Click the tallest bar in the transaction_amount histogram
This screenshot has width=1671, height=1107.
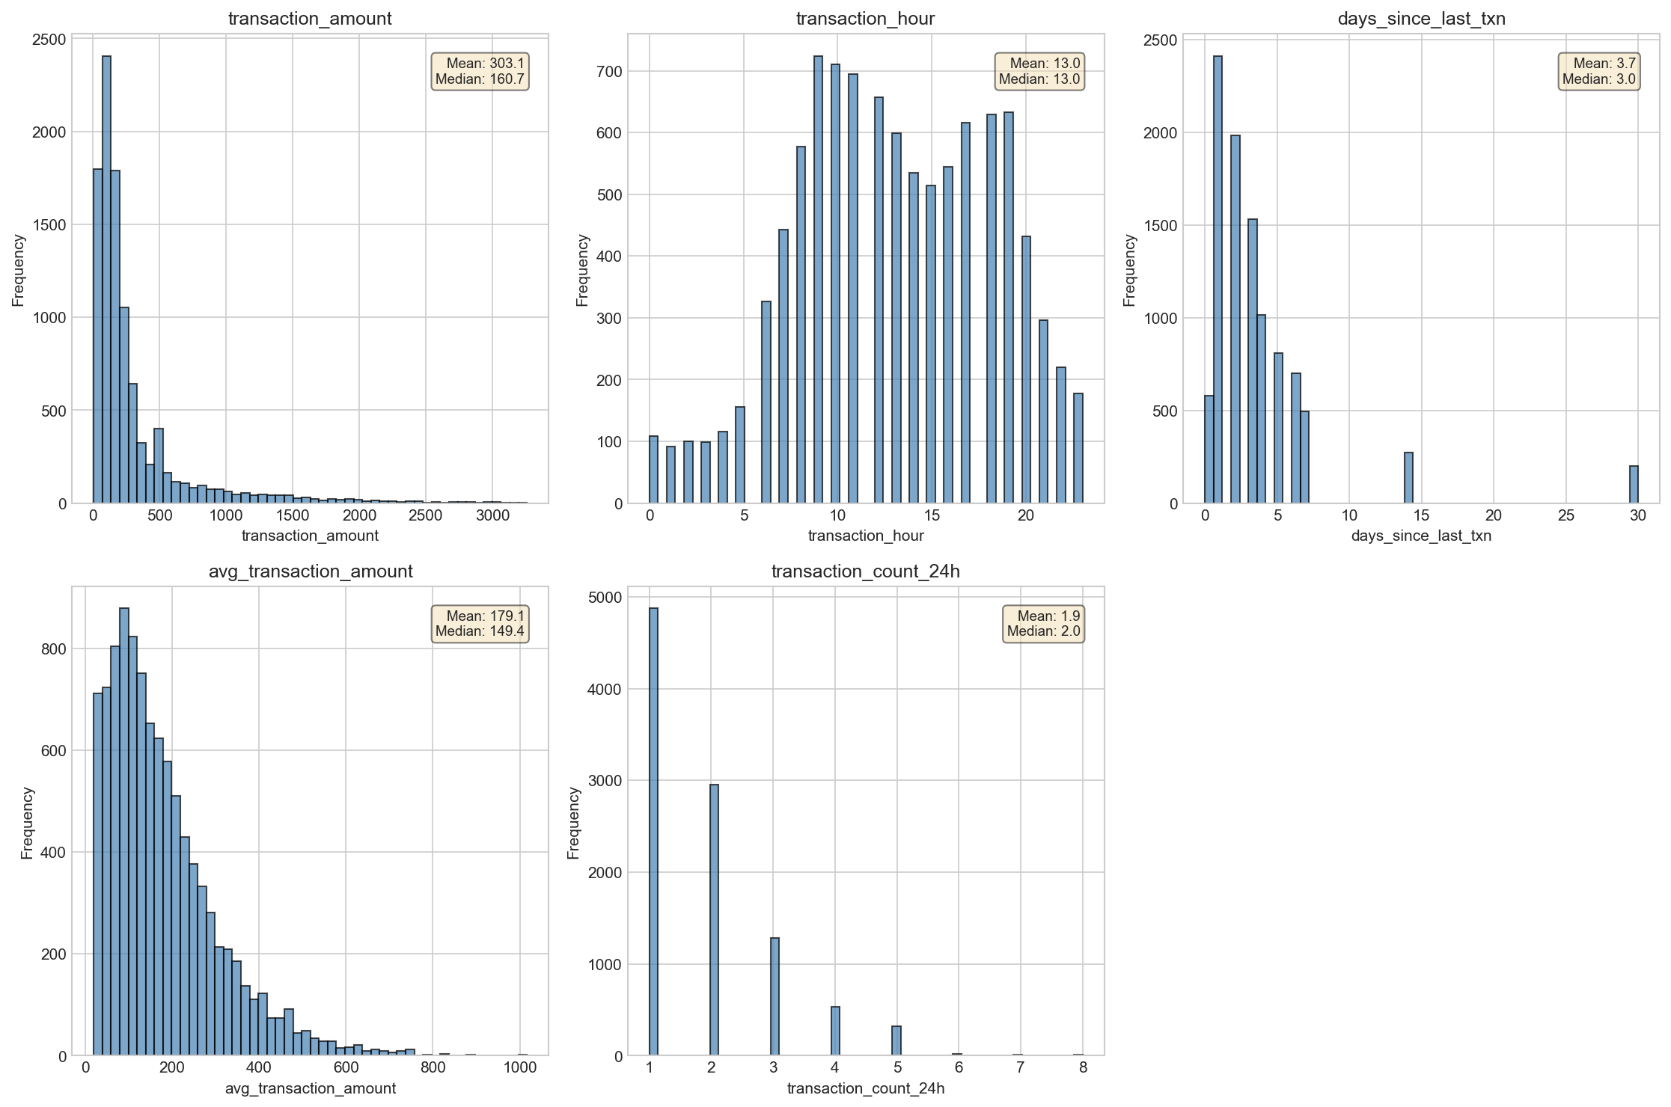point(106,280)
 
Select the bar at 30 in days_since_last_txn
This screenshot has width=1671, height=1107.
point(1634,485)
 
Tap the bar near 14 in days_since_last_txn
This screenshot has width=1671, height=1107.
point(1408,478)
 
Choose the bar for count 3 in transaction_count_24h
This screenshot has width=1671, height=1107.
point(775,997)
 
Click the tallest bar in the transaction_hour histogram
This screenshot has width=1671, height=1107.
point(818,280)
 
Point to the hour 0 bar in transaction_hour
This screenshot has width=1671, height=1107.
point(653,470)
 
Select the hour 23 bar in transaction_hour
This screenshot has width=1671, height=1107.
point(1078,449)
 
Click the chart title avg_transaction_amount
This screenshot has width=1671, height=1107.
point(311,571)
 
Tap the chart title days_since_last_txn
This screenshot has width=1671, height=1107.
point(1422,19)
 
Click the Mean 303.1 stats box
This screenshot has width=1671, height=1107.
point(480,72)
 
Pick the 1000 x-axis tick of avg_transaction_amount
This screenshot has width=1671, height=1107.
point(519,1068)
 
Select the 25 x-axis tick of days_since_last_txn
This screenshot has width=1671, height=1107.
point(1566,515)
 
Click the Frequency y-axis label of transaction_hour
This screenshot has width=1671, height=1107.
point(583,270)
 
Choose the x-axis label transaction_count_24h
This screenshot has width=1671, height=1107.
point(866,1088)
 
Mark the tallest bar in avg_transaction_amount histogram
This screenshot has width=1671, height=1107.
point(124,832)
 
